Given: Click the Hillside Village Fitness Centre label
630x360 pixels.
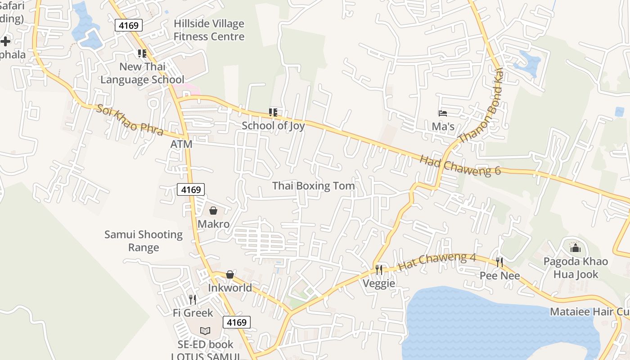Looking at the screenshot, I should (209, 30).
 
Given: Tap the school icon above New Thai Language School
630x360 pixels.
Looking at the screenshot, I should (142, 54).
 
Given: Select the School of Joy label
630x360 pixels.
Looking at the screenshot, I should (273, 126).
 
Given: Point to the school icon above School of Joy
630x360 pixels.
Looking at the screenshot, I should (273, 112).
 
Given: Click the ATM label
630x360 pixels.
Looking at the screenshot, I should (181, 144).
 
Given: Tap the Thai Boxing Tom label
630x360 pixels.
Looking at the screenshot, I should (313, 186).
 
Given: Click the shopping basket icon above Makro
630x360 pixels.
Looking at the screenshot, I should (213, 211).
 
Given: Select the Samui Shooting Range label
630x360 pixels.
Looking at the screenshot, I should (144, 241).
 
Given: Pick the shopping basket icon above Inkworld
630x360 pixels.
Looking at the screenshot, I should (230, 274).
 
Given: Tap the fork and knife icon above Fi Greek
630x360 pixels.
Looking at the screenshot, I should (193, 300).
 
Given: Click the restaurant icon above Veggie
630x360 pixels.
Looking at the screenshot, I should (379, 270).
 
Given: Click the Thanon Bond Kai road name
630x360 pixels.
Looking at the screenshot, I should (481, 112).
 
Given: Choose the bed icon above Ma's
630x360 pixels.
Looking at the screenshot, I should (443, 113).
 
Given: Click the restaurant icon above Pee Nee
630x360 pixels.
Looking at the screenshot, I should (499, 262).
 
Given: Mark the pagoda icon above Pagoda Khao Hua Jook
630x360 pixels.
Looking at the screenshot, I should (575, 248).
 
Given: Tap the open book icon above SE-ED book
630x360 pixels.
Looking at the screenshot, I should (205, 331).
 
